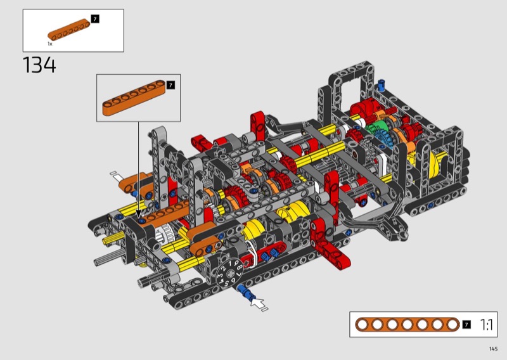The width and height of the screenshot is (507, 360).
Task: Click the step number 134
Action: [39, 65]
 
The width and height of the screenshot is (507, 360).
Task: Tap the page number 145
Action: [494, 349]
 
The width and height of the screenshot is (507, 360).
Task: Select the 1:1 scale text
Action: [487, 325]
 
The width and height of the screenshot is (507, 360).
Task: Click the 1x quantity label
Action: [50, 44]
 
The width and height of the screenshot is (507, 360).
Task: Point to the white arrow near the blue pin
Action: [259, 304]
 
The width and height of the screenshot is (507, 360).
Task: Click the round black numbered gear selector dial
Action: [229, 274]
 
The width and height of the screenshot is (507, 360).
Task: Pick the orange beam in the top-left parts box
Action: [69, 30]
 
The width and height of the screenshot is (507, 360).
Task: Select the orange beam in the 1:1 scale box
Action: [407, 325]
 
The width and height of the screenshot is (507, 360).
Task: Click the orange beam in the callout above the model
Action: [134, 98]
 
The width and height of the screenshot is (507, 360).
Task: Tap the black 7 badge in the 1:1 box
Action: [466, 325]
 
